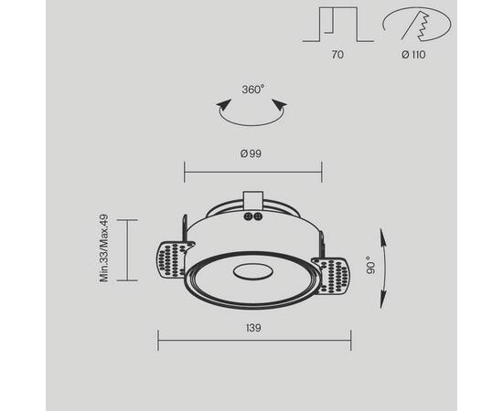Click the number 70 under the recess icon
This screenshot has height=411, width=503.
(337, 55)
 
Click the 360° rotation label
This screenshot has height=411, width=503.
(252, 90)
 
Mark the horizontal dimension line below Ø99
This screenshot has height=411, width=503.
(252, 169)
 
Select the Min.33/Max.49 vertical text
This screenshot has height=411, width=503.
(105, 248)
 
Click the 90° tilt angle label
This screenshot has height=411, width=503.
(370, 265)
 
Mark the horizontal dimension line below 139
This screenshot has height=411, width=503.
(254, 342)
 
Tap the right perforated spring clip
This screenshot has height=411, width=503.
(334, 273)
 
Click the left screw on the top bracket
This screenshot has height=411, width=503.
(248, 217)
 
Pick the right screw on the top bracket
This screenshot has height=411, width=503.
(258, 217)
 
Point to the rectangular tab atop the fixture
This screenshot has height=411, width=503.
(253, 199)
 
